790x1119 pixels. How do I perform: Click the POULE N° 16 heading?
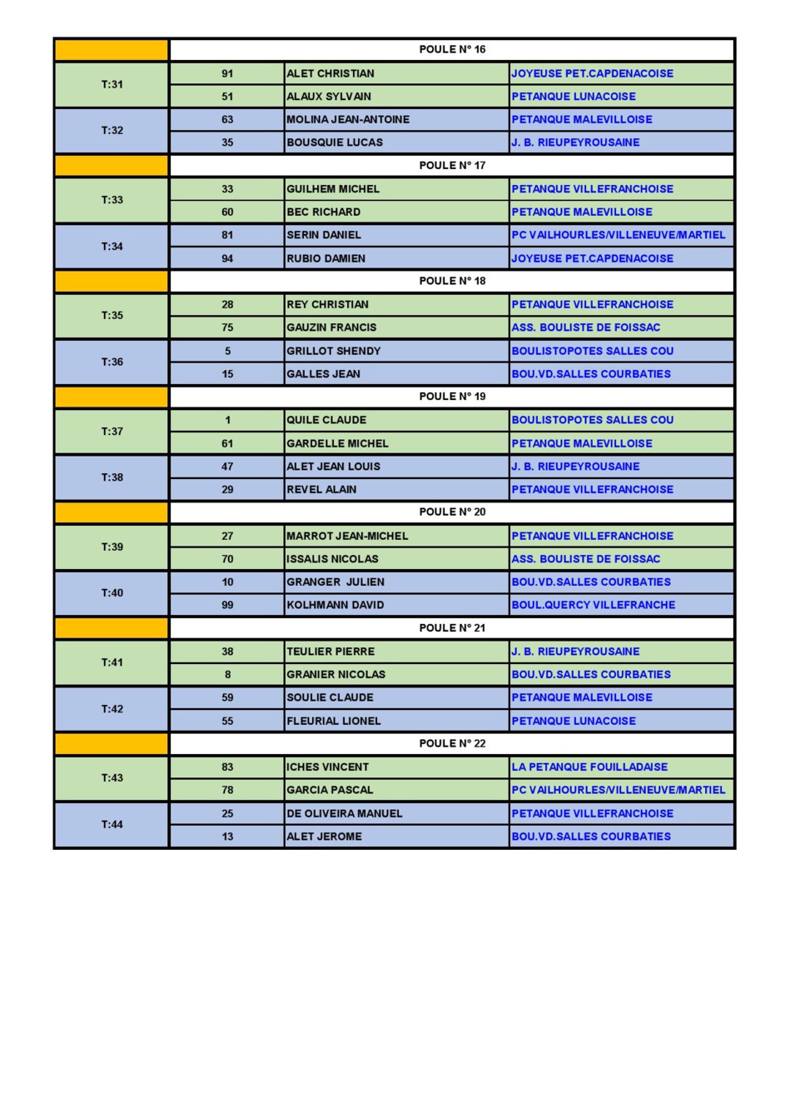[452, 50]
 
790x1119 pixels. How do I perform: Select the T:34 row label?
[112, 247]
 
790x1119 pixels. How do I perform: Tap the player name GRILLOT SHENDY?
[334, 351]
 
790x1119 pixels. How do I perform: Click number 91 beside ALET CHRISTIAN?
[227, 73]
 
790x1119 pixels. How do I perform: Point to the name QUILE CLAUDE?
[326, 420]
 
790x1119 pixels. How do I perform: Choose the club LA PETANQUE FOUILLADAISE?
[589, 767]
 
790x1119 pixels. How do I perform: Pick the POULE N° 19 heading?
[452, 397]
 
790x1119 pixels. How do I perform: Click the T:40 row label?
[112, 593]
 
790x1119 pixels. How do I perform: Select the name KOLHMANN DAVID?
[335, 605]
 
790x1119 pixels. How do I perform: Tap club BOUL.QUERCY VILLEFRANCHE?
[594, 605]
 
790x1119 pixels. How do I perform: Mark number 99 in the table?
[227, 605]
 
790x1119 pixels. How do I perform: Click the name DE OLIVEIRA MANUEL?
[345, 813]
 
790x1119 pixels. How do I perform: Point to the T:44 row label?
[112, 825]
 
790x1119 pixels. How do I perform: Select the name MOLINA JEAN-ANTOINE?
[348, 119]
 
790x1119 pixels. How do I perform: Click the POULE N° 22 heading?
[452, 744]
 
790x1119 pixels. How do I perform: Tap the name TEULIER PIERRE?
[330, 652]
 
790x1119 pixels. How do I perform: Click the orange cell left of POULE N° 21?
[112, 628]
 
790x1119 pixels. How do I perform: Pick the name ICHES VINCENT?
[328, 767]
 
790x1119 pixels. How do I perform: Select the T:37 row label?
[112, 432]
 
